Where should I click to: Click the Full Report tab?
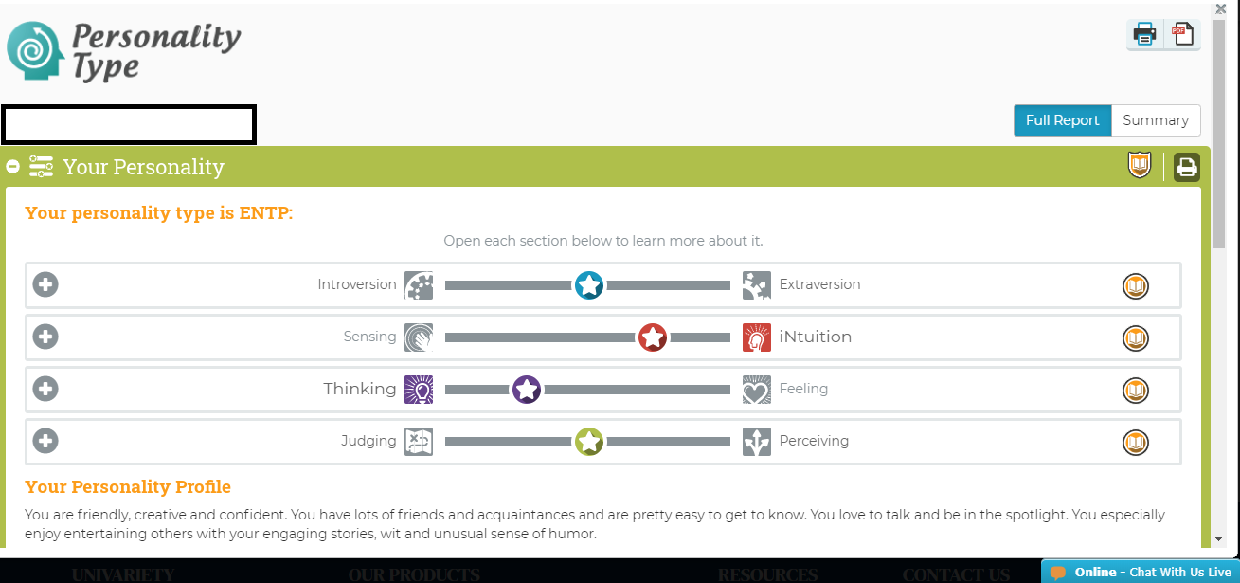(x=1062, y=120)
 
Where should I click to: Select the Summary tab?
(x=1156, y=120)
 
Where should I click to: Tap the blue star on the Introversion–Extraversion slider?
(x=589, y=285)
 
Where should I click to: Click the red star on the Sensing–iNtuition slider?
(x=653, y=337)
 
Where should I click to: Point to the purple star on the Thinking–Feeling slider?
(x=527, y=390)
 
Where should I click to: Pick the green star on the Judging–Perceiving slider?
(x=589, y=442)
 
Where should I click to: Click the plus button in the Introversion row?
(x=45, y=284)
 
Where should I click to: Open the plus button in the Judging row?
(x=45, y=441)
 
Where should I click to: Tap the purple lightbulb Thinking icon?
(x=419, y=390)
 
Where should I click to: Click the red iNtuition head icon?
(x=757, y=337)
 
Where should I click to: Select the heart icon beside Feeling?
(x=757, y=390)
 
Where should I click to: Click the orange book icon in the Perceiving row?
(x=1136, y=443)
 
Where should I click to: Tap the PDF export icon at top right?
(x=1182, y=35)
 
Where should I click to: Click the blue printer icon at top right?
(x=1144, y=35)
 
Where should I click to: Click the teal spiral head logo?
(x=34, y=51)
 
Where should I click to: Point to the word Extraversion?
(x=819, y=284)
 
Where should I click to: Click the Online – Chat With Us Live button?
(x=1141, y=572)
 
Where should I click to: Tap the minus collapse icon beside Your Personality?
(x=12, y=166)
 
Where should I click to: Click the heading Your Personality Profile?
(x=128, y=486)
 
